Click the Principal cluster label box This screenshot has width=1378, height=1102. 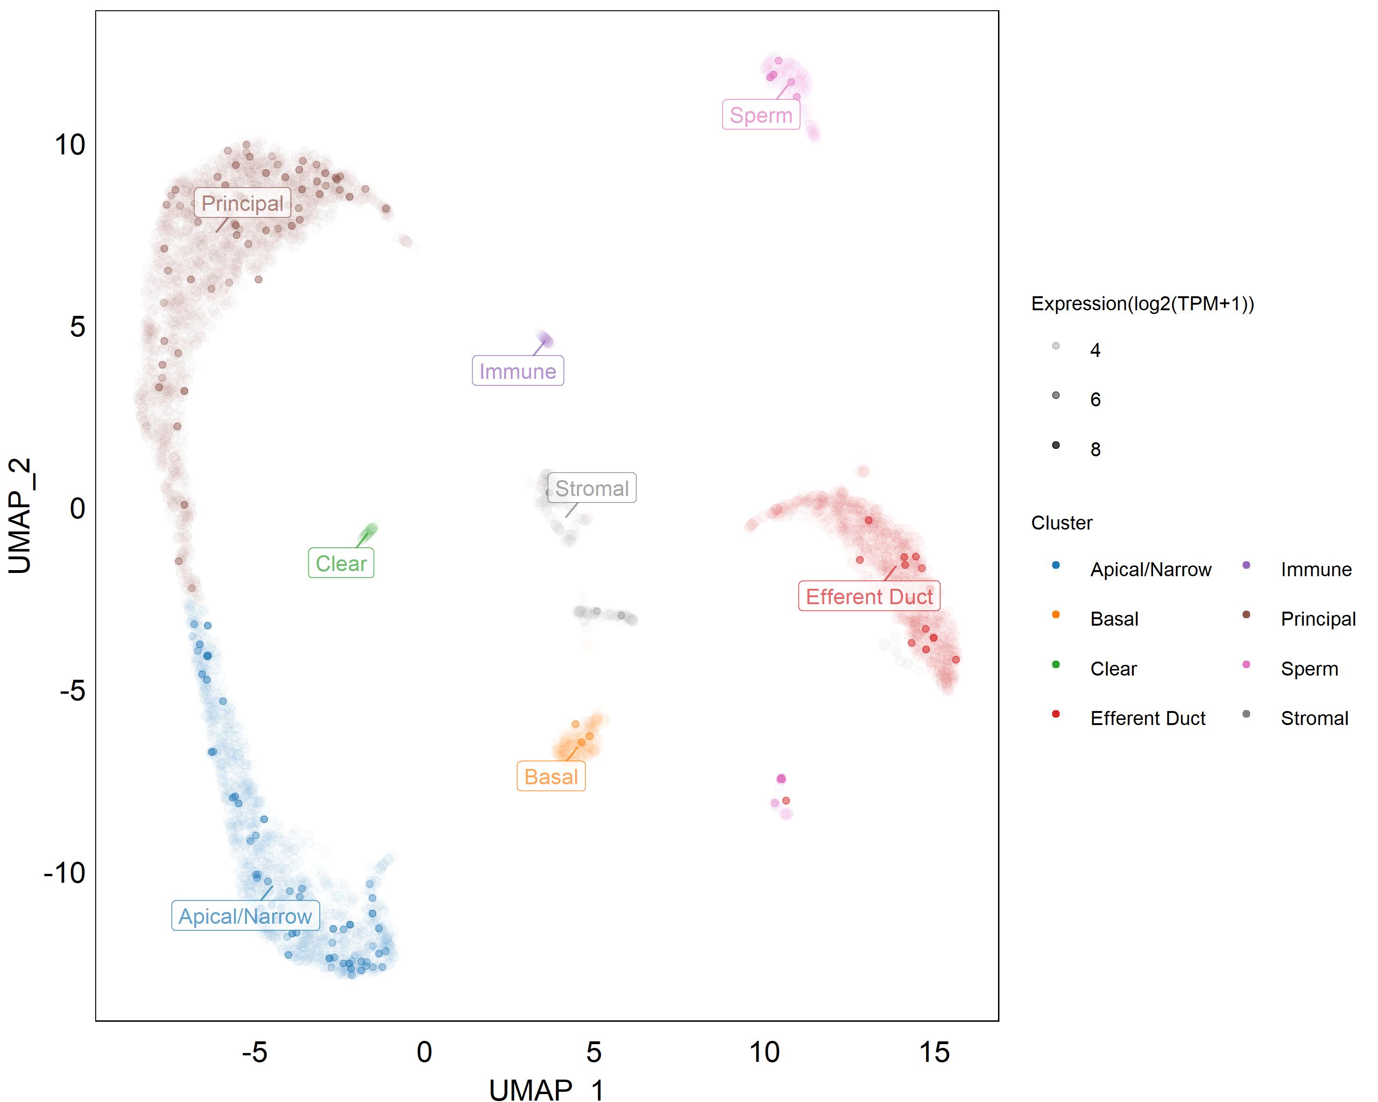(242, 203)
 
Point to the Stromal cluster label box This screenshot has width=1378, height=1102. (592, 488)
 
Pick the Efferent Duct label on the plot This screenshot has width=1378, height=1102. (869, 597)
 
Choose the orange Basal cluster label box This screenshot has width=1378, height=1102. (551, 777)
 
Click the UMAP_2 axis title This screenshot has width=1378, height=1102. (21, 516)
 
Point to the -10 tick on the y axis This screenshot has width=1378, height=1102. (64, 872)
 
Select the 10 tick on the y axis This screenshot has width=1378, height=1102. (70, 145)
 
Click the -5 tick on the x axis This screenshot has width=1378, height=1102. (254, 1052)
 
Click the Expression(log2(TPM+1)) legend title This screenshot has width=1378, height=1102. (1142, 303)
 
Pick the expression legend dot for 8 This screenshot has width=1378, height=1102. (1056, 445)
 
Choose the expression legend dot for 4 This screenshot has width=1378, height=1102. (1056, 346)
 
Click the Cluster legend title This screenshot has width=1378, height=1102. (1062, 523)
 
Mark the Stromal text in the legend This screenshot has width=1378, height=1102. (1314, 718)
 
